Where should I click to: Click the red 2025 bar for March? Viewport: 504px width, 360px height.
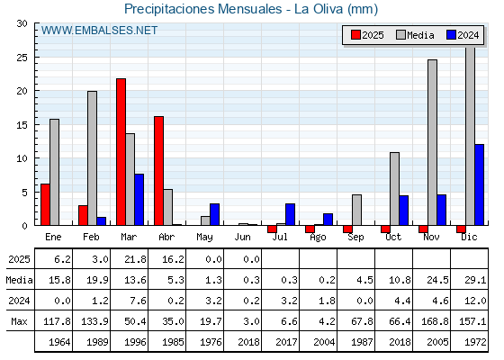pyautogui.click(x=121, y=152)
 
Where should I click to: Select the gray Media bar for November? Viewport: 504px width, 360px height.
pyautogui.click(x=432, y=142)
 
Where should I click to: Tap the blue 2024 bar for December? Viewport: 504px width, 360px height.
pyautogui.click(x=479, y=184)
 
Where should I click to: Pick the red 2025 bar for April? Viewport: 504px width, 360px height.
pyautogui.click(x=158, y=171)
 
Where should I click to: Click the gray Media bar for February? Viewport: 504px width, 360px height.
pyautogui.click(x=92, y=158)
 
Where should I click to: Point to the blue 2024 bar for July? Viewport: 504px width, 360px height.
pyautogui.click(x=290, y=214)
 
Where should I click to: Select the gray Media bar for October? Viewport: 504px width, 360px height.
pyautogui.click(x=395, y=189)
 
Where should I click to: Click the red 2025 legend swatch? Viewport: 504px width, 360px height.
pyautogui.click(x=355, y=35)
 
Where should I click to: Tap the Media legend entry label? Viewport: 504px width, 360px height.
pyautogui.click(x=420, y=35)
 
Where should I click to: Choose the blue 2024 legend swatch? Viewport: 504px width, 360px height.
pyautogui.click(x=451, y=35)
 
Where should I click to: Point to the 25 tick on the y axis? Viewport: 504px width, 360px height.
pyautogui.click(x=22, y=58)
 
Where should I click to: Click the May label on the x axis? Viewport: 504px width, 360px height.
pyautogui.click(x=204, y=238)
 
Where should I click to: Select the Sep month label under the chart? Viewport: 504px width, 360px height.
pyautogui.click(x=355, y=238)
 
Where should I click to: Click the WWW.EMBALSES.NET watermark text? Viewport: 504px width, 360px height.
pyautogui.click(x=99, y=31)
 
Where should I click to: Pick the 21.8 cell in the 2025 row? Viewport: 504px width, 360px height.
pyautogui.click(x=135, y=259)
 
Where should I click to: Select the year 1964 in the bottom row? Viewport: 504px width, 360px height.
pyautogui.click(x=59, y=342)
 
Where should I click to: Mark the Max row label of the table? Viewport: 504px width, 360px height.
pyautogui.click(x=19, y=321)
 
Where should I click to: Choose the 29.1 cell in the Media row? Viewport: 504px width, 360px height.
pyautogui.click(x=475, y=280)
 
